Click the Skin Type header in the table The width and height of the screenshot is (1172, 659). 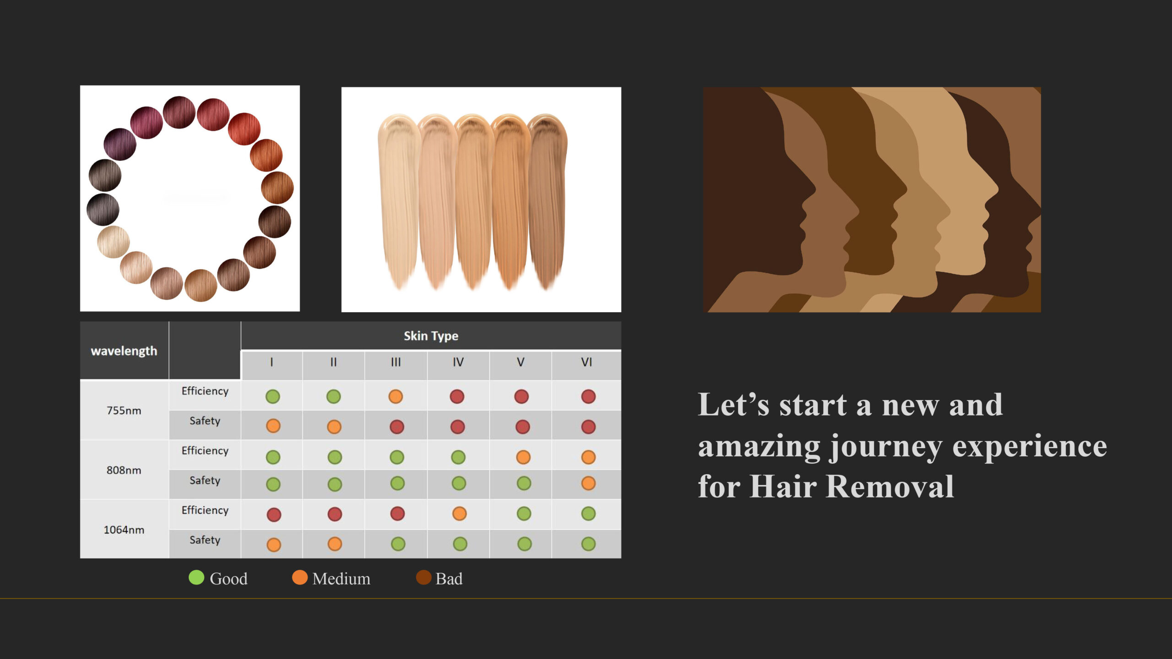(x=431, y=336)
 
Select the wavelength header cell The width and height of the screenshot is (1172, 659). (x=124, y=351)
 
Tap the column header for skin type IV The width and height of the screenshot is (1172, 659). (x=458, y=362)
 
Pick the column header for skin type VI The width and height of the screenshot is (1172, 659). (x=586, y=362)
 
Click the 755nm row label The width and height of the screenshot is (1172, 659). (x=124, y=411)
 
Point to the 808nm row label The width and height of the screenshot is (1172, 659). (x=124, y=470)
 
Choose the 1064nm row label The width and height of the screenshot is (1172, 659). (x=124, y=529)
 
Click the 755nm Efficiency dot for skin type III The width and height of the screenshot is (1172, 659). (x=396, y=396)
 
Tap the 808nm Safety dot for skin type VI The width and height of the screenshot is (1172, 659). (x=588, y=483)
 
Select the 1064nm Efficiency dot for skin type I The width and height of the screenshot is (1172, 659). (x=274, y=514)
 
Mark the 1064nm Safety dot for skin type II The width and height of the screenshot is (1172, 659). (x=335, y=544)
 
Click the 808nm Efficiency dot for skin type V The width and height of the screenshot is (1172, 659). (x=523, y=457)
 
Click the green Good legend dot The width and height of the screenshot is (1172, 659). (x=196, y=578)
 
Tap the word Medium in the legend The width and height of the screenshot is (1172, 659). (x=342, y=579)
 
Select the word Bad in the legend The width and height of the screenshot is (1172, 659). (x=449, y=579)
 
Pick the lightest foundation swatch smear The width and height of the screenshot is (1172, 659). (x=398, y=201)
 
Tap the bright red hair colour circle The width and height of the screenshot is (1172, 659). (x=244, y=129)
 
